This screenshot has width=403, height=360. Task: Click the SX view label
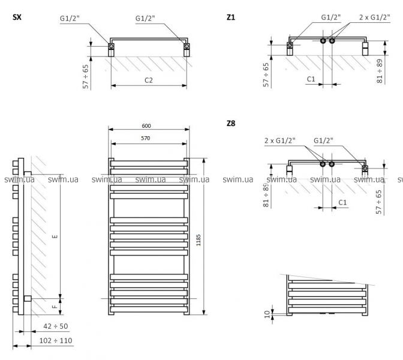17,17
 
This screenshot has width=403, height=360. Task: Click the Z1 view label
231,17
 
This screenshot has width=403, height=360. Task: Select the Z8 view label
231,124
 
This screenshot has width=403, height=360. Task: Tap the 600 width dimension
146,125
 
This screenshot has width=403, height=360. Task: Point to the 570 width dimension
146,138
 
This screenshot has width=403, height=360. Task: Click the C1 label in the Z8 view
342,202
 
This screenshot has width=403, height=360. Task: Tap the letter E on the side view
54,236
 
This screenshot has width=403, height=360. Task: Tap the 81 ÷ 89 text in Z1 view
380,71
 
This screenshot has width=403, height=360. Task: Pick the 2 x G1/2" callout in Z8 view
280,140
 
